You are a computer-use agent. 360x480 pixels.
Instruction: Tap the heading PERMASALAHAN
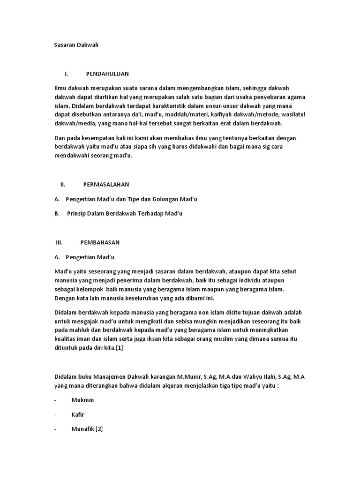click(106, 185)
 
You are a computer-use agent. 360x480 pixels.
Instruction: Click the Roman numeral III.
click(59, 243)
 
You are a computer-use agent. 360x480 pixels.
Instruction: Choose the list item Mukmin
click(82, 400)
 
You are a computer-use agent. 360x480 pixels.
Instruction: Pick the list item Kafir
click(78, 415)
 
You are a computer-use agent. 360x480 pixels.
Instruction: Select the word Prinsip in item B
click(77, 214)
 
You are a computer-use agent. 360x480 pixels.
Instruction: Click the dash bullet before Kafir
click(55, 415)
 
